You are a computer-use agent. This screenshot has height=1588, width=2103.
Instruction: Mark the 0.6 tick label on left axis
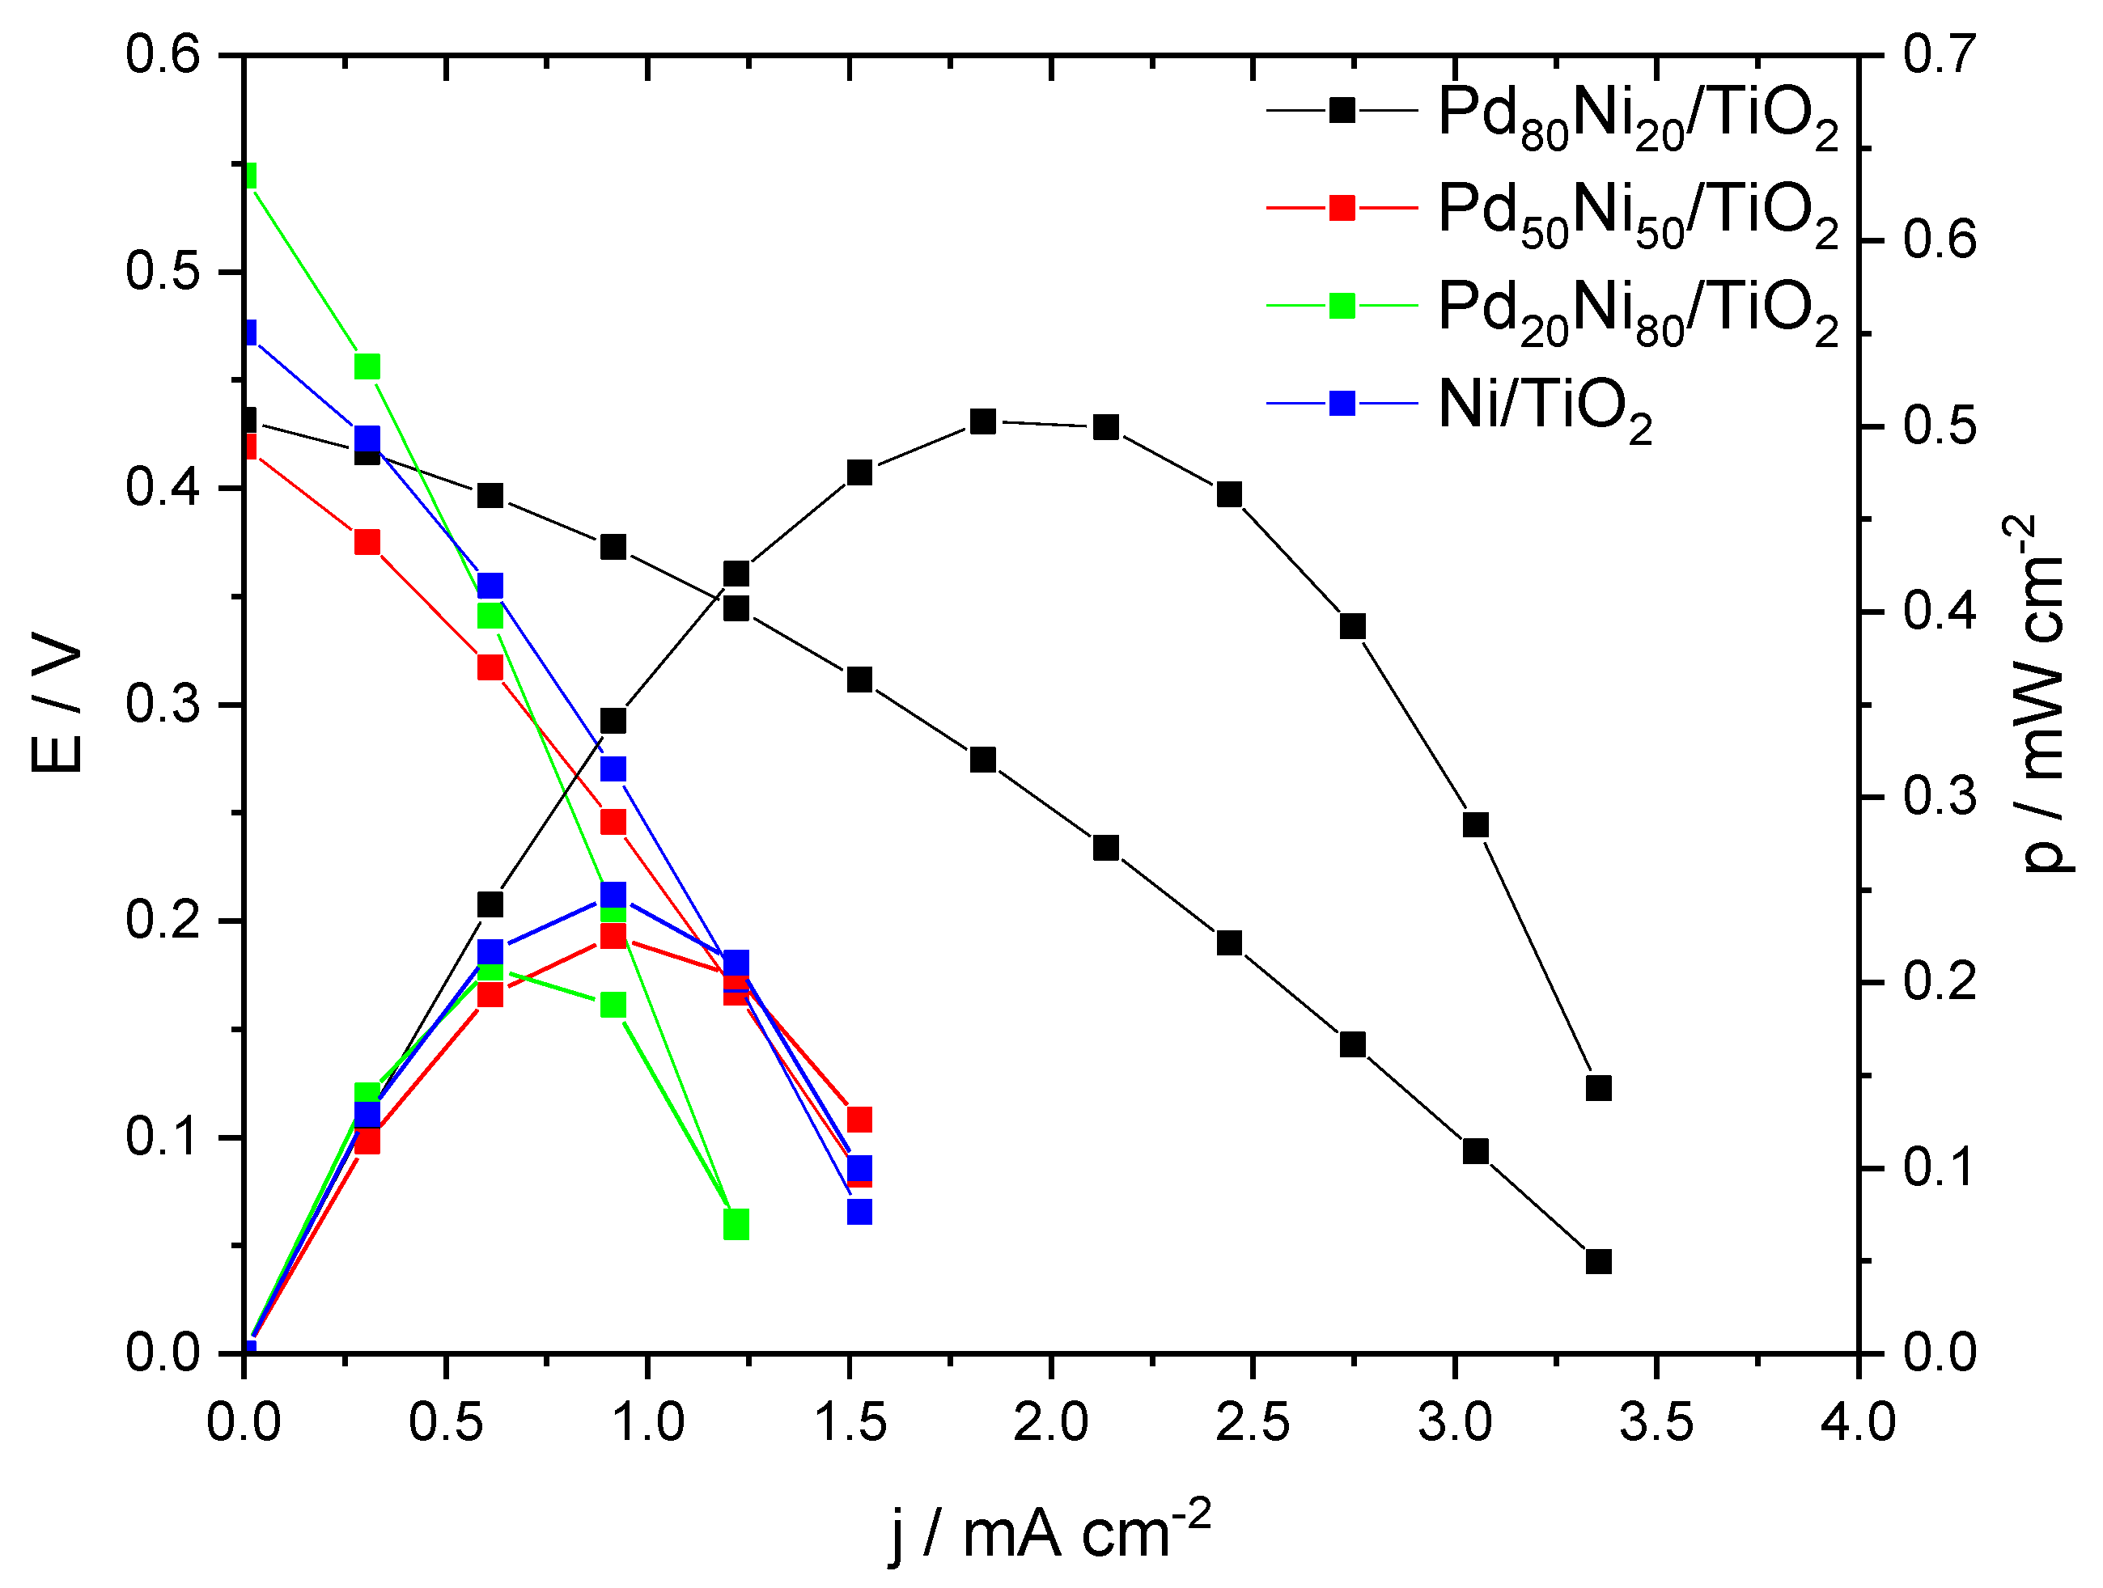coord(163,54)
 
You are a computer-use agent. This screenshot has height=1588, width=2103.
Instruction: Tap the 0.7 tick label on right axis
coord(1940,54)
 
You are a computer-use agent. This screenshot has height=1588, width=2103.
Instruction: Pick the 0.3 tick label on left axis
coord(163,705)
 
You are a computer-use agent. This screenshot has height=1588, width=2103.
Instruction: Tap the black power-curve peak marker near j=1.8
coord(983,421)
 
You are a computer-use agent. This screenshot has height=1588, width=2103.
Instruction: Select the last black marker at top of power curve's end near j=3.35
coord(1598,1087)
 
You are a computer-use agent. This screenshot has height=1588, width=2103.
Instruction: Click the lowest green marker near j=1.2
coord(736,1224)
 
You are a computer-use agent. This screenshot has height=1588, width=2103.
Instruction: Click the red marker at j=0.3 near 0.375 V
coord(367,542)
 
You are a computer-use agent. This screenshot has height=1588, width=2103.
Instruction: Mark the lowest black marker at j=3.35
coord(1598,1261)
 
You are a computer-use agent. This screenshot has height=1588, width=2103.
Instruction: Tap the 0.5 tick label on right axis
coord(1940,426)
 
